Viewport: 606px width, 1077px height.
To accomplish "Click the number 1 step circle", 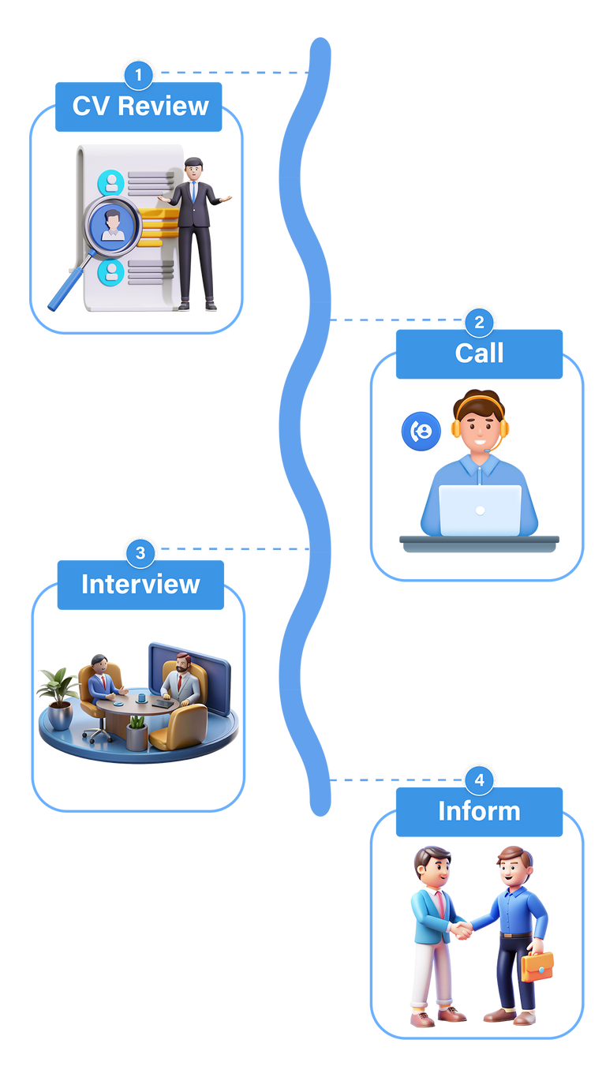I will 139,75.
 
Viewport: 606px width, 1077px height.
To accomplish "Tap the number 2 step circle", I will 479,322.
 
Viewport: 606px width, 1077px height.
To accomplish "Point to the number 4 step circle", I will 479,781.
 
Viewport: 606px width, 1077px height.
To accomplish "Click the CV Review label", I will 140,107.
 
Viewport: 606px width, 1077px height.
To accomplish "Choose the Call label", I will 479,353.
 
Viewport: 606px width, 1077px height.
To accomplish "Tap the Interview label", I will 140,585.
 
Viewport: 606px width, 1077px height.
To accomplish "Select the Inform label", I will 479,812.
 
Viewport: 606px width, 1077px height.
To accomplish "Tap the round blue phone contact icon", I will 421,431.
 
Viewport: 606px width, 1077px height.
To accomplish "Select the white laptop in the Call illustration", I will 480,510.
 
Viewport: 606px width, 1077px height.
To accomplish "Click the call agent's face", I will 480,431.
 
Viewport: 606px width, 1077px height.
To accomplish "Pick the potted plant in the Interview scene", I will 58,694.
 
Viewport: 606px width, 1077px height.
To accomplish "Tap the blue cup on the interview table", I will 141,697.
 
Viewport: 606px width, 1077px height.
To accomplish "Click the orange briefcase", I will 537,966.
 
